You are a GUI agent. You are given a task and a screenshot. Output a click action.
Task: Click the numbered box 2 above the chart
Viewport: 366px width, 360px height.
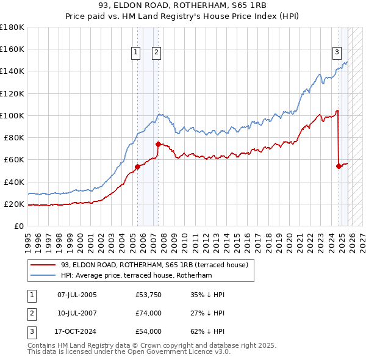pyautogui.click(x=157, y=53)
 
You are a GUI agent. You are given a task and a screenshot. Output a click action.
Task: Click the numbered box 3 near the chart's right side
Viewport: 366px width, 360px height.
pyautogui.click(x=336, y=53)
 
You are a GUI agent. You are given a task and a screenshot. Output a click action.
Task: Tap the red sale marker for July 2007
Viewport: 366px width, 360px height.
pyautogui.click(x=158, y=145)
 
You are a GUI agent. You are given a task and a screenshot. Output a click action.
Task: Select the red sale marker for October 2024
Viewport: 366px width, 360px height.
pyautogui.click(x=339, y=166)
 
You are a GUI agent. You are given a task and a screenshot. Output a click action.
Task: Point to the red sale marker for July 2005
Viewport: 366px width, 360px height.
pyautogui.click(x=137, y=167)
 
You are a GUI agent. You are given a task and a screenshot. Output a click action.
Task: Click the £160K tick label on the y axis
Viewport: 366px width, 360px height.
pyautogui.click(x=12, y=49)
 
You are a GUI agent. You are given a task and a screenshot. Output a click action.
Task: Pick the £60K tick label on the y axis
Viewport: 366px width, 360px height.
pyautogui.click(x=14, y=160)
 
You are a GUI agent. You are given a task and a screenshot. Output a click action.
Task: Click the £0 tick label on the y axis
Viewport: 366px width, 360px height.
pyautogui.click(x=19, y=226)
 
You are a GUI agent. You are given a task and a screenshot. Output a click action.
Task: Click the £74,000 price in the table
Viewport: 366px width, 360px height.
pyautogui.click(x=149, y=313)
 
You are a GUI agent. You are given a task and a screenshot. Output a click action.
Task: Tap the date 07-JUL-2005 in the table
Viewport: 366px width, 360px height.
pyautogui.click(x=77, y=295)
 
